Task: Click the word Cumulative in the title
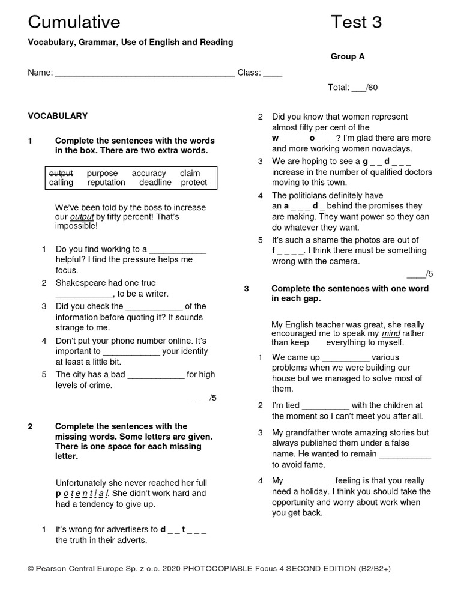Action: coord(74,22)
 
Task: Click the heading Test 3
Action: coord(356,22)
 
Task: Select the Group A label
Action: coord(348,56)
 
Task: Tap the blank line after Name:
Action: coord(145,74)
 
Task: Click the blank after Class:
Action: coord(273,74)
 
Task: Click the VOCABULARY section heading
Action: coord(58,116)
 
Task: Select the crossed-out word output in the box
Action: coord(61,173)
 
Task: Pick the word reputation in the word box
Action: coord(106,183)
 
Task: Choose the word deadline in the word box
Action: coord(155,183)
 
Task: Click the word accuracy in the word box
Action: coord(149,173)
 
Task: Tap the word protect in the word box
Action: coord(194,183)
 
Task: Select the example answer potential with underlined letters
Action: coord(82,493)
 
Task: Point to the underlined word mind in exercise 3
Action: coord(391,333)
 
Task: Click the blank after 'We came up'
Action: coord(346,357)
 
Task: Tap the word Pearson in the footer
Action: coord(53,568)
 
